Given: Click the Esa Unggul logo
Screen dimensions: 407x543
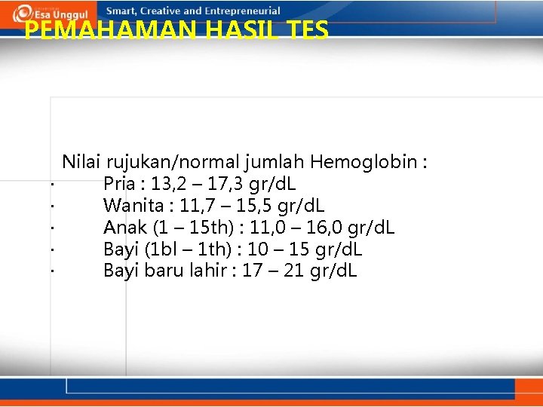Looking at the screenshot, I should coord(51,13).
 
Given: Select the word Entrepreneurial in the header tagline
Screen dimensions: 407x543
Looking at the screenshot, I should coord(242,11).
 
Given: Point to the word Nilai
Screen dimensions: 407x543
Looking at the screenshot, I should coord(81,161).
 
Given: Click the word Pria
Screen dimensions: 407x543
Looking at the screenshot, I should coord(121,183).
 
